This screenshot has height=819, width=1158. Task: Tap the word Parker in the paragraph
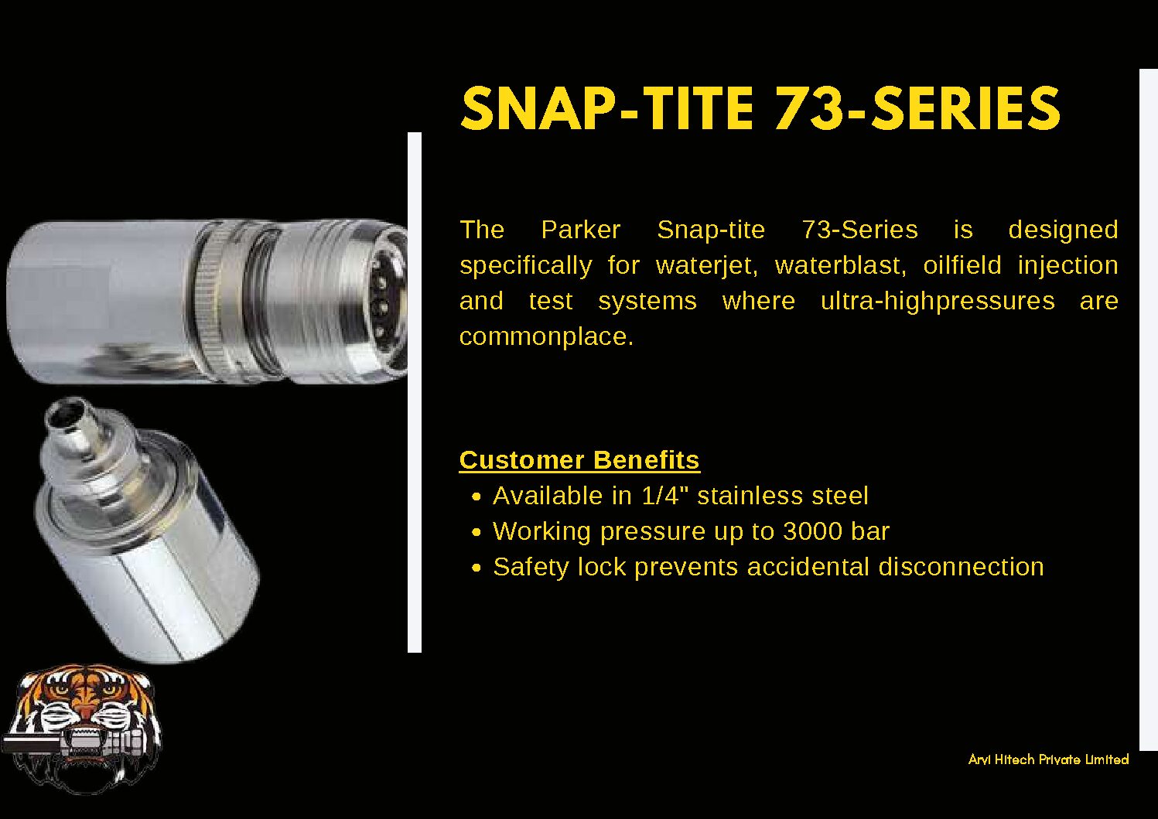coord(581,230)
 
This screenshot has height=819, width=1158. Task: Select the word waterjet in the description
coord(707,265)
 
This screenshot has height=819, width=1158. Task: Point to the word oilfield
coord(962,265)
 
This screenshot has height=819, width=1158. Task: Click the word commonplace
coord(546,337)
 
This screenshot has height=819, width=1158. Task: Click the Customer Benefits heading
coord(579,460)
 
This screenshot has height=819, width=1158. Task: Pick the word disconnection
coord(961,567)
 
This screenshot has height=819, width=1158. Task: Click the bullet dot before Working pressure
coord(477,532)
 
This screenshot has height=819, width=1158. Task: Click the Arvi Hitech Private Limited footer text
coord(1048,759)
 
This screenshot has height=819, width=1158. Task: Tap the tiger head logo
coord(82,729)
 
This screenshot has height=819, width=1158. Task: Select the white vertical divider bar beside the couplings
coord(415,392)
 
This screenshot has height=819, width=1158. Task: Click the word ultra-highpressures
coord(938,302)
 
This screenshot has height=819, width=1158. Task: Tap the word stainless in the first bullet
coord(750,496)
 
